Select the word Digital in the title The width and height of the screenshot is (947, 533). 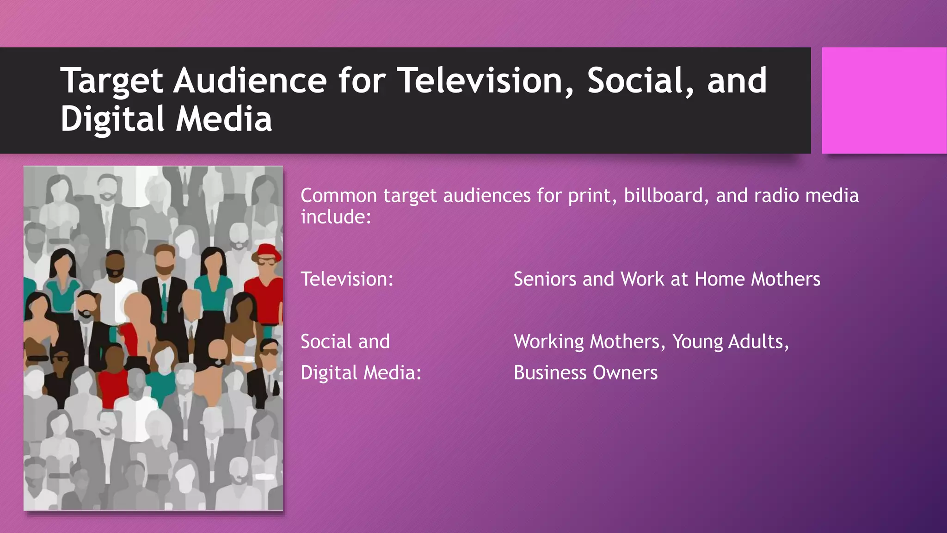(112, 119)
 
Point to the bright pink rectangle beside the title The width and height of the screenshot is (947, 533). (884, 100)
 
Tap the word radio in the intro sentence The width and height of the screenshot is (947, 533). (776, 196)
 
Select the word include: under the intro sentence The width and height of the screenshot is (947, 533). (336, 217)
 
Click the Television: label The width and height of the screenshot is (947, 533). (347, 279)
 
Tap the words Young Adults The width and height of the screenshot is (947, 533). (730, 342)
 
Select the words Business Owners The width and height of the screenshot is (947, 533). (585, 373)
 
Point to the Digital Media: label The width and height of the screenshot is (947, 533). (361, 373)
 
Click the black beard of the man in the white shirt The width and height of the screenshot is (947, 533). (114, 273)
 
